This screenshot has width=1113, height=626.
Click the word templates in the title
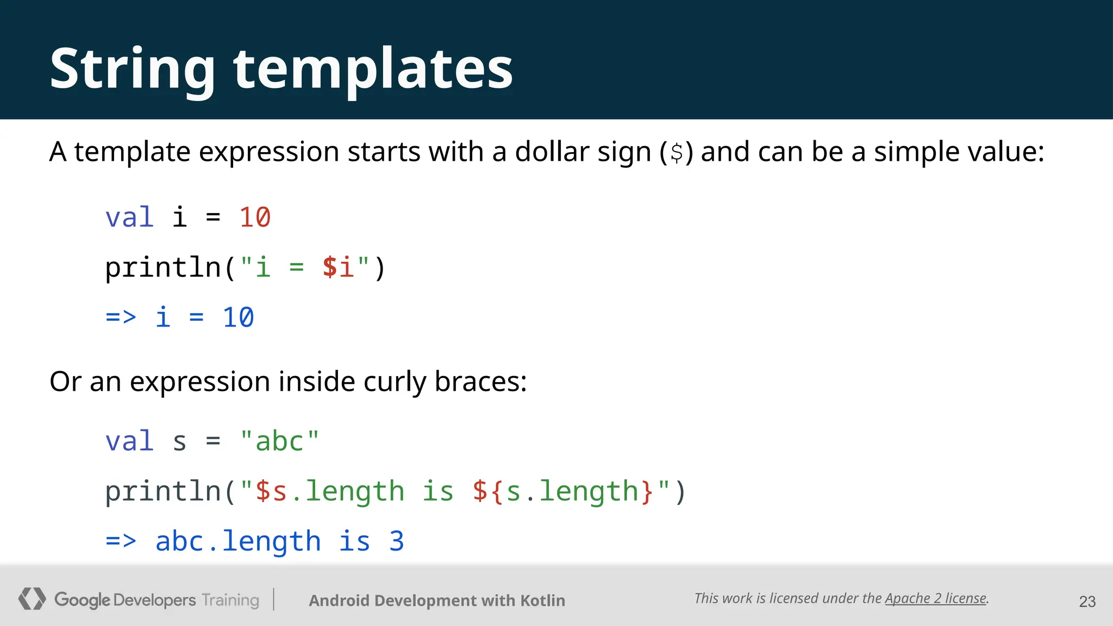373,69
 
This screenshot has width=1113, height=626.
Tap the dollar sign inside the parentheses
677,153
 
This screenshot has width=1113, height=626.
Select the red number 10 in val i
254,217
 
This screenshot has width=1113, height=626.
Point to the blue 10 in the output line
238,317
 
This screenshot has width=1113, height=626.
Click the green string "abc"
279,441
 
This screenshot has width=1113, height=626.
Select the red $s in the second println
271,491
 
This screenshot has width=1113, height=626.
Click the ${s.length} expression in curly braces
562,491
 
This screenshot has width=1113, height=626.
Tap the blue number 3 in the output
397,541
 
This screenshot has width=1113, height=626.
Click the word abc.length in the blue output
238,541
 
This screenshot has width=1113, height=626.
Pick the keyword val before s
129,441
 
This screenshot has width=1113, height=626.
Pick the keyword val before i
129,217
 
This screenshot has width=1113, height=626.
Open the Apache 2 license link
935,598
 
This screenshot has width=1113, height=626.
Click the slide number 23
1087,602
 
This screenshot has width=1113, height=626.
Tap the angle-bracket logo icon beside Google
32,599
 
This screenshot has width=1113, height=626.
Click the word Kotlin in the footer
542,600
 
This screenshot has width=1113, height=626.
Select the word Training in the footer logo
230,600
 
